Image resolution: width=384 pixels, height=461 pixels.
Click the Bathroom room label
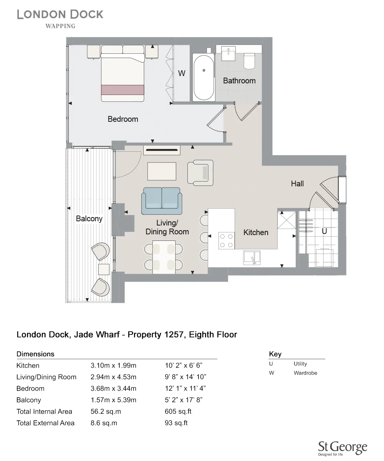[239, 81]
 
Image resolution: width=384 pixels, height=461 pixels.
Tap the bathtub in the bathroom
[204, 78]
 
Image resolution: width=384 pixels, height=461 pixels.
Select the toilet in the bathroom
[250, 61]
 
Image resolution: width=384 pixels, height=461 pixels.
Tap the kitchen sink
[252, 257]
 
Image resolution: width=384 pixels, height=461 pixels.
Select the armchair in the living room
[200, 172]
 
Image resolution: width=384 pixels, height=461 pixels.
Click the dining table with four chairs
[164, 257]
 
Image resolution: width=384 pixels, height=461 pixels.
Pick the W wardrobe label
[182, 73]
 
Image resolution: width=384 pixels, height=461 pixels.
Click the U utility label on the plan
[324, 232]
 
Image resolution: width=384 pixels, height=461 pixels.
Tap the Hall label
[297, 184]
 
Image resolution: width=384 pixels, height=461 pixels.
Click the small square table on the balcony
[104, 269]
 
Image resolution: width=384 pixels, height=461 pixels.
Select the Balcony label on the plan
[89, 219]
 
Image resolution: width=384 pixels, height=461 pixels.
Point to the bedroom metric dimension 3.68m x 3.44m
[113, 388]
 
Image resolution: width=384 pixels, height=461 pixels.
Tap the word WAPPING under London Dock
[60, 26]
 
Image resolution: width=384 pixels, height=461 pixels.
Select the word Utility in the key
[300, 364]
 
